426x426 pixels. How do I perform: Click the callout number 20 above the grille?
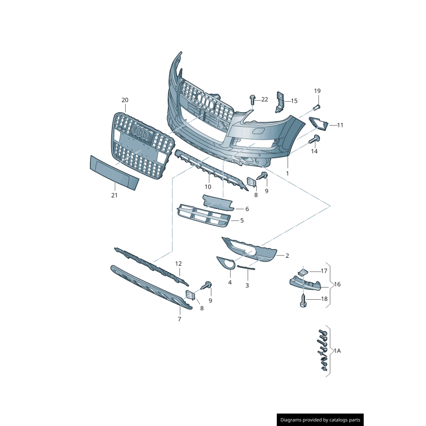(x=125, y=100)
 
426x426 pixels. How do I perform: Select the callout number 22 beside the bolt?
(x=265, y=100)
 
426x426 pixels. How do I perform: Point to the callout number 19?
(x=317, y=91)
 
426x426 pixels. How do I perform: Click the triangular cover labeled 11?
(x=319, y=123)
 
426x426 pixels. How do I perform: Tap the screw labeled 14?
(x=314, y=140)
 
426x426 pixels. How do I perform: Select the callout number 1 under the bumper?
(x=288, y=173)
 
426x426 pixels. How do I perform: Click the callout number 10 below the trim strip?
(x=208, y=186)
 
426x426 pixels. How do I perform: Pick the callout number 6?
(x=247, y=209)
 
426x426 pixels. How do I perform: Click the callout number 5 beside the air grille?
(x=242, y=220)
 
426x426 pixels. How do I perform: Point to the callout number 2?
(x=287, y=256)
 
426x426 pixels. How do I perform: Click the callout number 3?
(x=247, y=285)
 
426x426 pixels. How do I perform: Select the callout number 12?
(x=179, y=264)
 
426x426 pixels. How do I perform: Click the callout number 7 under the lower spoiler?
(x=179, y=319)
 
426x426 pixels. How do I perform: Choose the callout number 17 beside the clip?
(x=324, y=271)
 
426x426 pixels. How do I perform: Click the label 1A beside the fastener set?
(x=337, y=351)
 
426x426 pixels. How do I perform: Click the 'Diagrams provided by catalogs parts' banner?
(x=321, y=420)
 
